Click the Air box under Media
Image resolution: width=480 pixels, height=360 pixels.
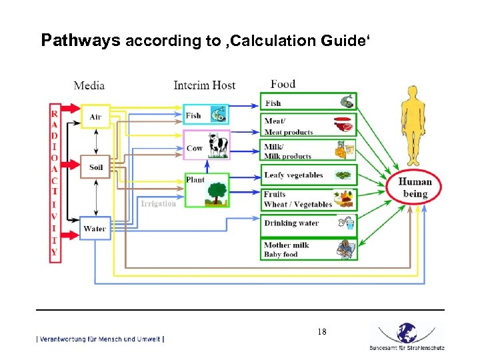pyautogui.click(x=95, y=117)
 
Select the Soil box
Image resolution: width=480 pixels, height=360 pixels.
pyautogui.click(x=95, y=167)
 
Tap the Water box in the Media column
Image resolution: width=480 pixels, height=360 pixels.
pyautogui.click(x=95, y=229)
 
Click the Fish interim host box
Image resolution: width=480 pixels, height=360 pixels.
pyautogui.click(x=206, y=115)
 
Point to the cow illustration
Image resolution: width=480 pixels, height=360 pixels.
pyautogui.click(x=217, y=145)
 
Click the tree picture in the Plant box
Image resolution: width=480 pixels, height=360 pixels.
pyautogui.click(x=215, y=192)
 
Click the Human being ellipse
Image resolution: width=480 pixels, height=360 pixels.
pyautogui.click(x=415, y=187)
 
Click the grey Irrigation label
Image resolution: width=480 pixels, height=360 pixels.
pyautogui.click(x=158, y=203)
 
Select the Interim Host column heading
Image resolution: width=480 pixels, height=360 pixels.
pyautogui.click(x=204, y=85)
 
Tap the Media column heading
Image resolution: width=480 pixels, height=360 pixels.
pyautogui.click(x=89, y=85)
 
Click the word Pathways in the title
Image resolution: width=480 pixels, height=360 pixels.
pyautogui.click(x=80, y=41)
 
